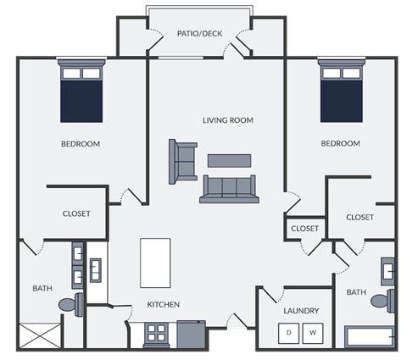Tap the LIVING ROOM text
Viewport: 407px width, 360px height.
click(x=228, y=120)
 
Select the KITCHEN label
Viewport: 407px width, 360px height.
click(x=164, y=304)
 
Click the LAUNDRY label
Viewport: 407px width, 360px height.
click(x=301, y=312)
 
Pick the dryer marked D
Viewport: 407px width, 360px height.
click(x=289, y=332)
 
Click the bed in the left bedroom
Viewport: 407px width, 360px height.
click(x=81, y=91)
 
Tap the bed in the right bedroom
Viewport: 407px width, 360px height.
click(x=341, y=91)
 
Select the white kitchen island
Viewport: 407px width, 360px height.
click(x=155, y=263)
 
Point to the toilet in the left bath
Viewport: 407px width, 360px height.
click(x=70, y=304)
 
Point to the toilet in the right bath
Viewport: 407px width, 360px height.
click(x=382, y=300)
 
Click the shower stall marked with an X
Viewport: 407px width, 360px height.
click(x=42, y=336)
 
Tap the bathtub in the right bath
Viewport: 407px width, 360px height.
click(x=370, y=337)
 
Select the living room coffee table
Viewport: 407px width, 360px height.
click(x=229, y=160)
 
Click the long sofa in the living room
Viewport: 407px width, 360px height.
click(x=227, y=188)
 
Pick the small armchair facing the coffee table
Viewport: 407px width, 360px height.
click(x=182, y=160)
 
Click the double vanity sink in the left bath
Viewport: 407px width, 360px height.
click(x=78, y=265)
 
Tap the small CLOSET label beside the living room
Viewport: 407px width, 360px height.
click(x=305, y=229)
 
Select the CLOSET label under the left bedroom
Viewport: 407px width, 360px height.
click(x=76, y=213)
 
